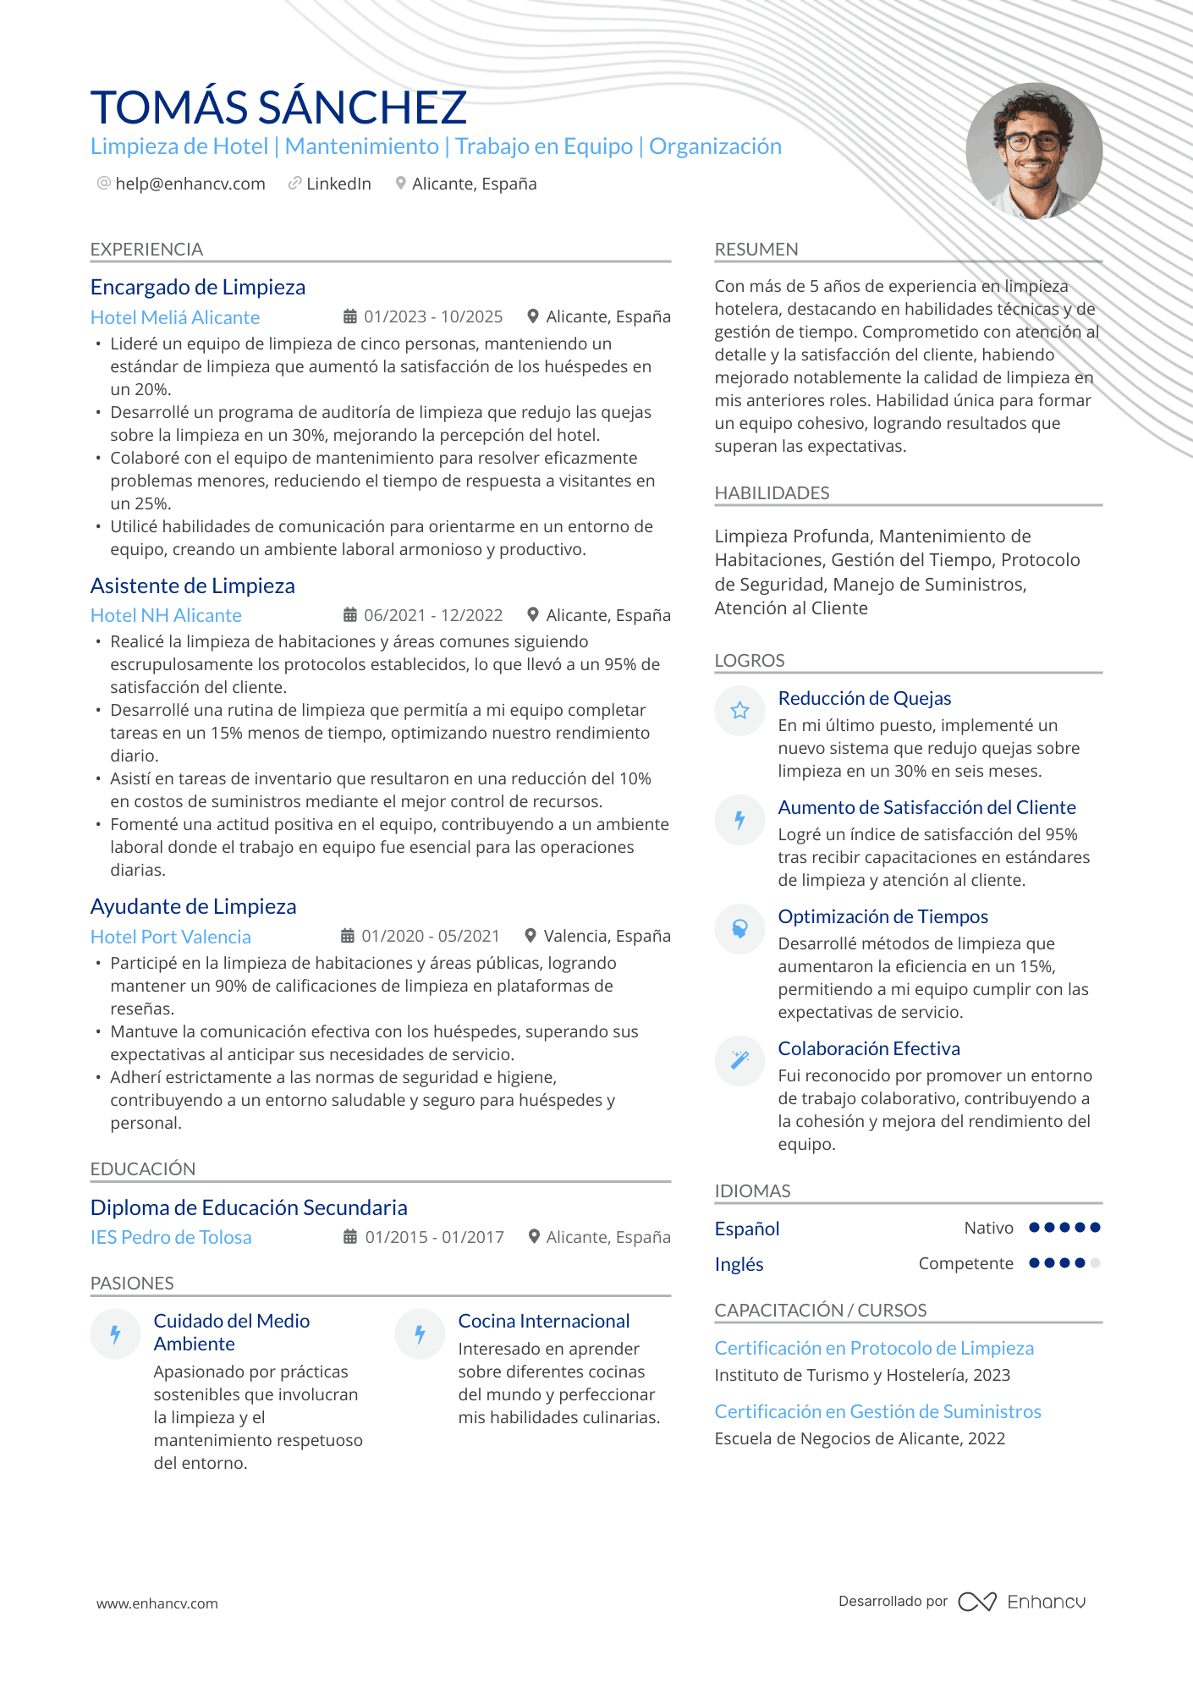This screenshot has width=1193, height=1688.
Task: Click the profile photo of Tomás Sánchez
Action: pos(1034,151)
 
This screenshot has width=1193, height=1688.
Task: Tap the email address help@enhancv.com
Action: pos(190,184)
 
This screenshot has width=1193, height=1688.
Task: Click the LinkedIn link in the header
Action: pos(338,184)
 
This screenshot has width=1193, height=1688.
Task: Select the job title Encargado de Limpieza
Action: pos(198,288)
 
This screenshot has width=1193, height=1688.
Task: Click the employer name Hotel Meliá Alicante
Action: pos(175,317)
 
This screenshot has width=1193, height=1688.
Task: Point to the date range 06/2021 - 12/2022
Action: pos(432,615)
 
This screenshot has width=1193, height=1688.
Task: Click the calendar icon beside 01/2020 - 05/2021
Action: pos(348,936)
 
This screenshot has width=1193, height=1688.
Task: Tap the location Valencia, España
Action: pos(607,936)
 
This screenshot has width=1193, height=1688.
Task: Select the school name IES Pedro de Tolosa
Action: pos(171,1237)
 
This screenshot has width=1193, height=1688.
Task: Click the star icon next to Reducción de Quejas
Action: pos(739,710)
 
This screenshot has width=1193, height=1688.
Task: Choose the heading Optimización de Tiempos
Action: pos(882,916)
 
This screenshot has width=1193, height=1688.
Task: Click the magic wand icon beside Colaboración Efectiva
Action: pos(739,1060)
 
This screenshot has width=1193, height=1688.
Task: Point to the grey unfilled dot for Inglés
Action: pos(1096,1263)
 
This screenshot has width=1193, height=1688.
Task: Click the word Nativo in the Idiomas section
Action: pos(988,1228)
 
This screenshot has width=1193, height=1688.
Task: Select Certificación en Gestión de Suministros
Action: pos(877,1411)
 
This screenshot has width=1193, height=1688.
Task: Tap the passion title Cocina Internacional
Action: pos(543,1321)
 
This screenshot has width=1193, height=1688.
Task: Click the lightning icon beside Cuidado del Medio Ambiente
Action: pos(115,1334)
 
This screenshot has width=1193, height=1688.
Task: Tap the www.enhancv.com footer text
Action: pos(157,1603)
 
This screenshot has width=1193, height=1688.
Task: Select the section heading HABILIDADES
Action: pos(772,492)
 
